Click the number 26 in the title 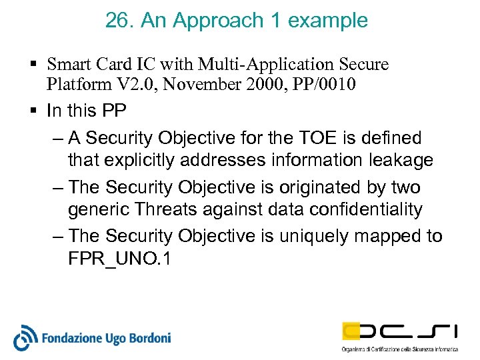click(x=118, y=21)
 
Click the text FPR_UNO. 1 click(x=119, y=259)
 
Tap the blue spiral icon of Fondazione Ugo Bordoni click(x=25, y=337)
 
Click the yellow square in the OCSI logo click(x=353, y=330)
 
